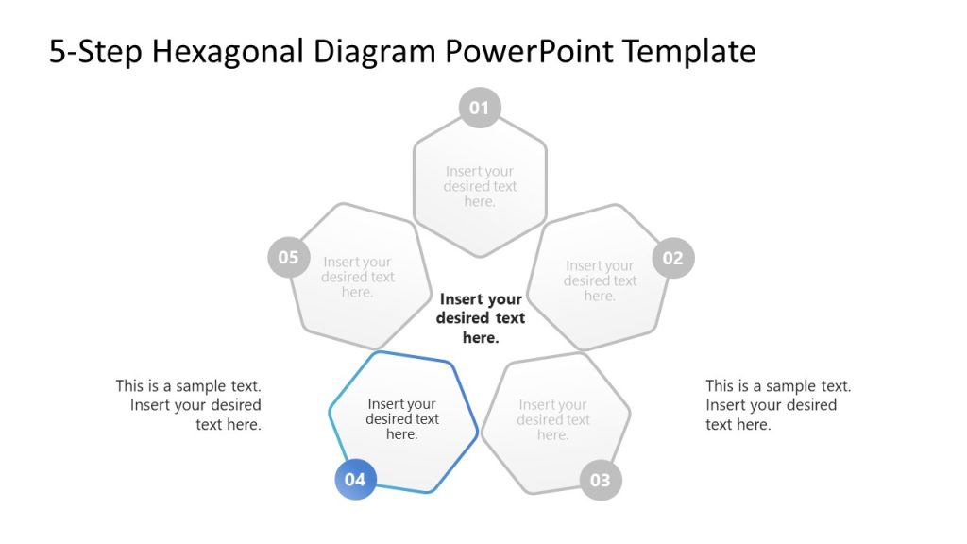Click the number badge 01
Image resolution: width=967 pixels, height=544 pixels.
coord(480,108)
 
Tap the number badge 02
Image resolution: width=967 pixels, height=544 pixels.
coord(673,258)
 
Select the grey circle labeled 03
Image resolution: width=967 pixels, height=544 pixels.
coord(601,480)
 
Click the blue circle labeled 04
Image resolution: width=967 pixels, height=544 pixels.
coord(355,480)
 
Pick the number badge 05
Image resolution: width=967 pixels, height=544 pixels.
coord(288,258)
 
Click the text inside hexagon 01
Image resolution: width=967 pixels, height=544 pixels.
coord(480,186)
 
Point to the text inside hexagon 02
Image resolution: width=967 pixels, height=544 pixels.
coord(600,280)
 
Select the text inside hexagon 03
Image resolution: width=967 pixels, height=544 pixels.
coord(552,420)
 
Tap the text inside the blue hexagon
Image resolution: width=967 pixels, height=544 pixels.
coord(402,419)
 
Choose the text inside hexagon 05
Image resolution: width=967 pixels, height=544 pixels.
coord(357,277)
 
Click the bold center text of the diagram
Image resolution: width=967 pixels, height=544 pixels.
coord(481,318)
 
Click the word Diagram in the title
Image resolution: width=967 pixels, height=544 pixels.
coord(377,52)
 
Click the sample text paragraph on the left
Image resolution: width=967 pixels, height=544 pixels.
coord(189,405)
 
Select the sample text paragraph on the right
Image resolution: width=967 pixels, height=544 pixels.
coord(777,405)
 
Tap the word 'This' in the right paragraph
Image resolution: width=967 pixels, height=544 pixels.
coord(721,386)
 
